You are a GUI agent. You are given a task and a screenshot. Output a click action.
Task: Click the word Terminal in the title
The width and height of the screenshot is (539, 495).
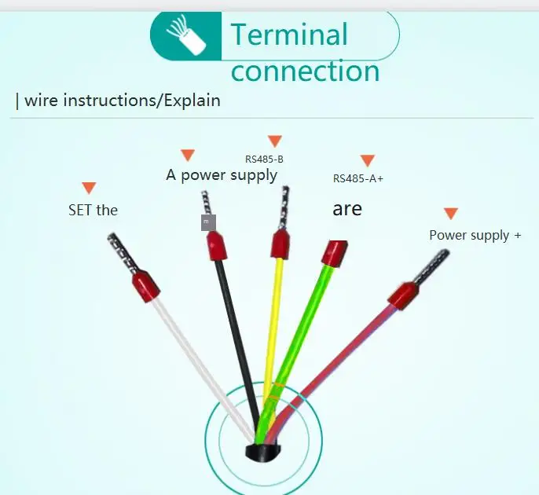pyautogui.click(x=289, y=34)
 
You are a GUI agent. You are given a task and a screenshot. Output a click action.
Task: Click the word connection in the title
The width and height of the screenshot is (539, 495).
pyautogui.click(x=305, y=71)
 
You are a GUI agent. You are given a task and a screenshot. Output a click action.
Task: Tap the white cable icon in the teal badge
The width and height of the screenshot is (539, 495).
pyautogui.click(x=186, y=35)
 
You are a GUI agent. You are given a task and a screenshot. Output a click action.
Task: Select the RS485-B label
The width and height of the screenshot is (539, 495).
pyautogui.click(x=264, y=159)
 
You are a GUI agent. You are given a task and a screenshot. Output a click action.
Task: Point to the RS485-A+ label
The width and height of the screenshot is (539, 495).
pyautogui.click(x=357, y=178)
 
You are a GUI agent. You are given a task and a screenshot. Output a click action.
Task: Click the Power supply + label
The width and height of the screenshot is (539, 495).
pyautogui.click(x=475, y=236)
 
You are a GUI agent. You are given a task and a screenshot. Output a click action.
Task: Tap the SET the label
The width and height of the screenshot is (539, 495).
pyautogui.click(x=93, y=210)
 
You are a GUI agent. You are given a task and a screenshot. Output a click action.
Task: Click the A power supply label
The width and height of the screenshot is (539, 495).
pyautogui.click(x=222, y=175)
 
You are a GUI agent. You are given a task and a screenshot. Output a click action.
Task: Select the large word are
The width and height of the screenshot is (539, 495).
pyautogui.click(x=347, y=209)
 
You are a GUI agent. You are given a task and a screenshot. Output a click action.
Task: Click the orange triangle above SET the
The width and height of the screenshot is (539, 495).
pyautogui.click(x=89, y=188)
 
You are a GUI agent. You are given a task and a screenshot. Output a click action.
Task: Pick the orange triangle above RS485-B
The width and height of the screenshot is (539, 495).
pyautogui.click(x=275, y=141)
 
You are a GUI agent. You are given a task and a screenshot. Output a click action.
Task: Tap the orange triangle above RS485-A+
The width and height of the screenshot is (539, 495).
pyautogui.click(x=367, y=160)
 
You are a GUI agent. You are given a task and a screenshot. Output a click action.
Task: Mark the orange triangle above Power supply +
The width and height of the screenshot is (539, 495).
pyautogui.click(x=451, y=213)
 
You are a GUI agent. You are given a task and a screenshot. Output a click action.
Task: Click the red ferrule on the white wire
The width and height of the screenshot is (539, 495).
pyautogui.click(x=146, y=286)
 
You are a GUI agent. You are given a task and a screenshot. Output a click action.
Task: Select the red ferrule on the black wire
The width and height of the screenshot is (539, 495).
pyautogui.click(x=217, y=245)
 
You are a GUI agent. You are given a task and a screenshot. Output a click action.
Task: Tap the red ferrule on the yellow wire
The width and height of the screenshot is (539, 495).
pyautogui.click(x=280, y=244)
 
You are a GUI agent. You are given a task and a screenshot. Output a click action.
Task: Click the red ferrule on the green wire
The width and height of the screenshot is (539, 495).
pyautogui.click(x=334, y=253)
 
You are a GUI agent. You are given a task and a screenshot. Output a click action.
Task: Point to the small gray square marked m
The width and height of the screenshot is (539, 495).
pyautogui.click(x=209, y=222)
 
